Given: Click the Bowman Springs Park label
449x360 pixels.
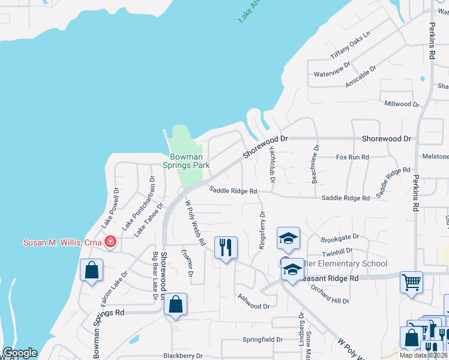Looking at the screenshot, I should coord(186,161).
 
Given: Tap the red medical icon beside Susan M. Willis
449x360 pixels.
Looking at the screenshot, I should coord(110,242).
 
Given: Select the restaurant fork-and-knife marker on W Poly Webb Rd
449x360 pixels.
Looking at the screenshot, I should coord(226,247).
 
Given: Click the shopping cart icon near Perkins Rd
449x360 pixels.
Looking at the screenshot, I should coord(411,282).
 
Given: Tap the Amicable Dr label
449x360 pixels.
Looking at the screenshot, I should coord(360,77).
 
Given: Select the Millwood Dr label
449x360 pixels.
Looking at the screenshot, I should coord(402,104).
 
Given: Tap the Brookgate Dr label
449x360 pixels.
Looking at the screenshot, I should coord(340,237).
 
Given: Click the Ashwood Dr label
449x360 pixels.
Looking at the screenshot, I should coord(253,302).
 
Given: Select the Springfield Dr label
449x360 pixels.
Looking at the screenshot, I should coord(262,339).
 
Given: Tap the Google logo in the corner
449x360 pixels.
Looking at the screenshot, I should coord(20,353).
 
